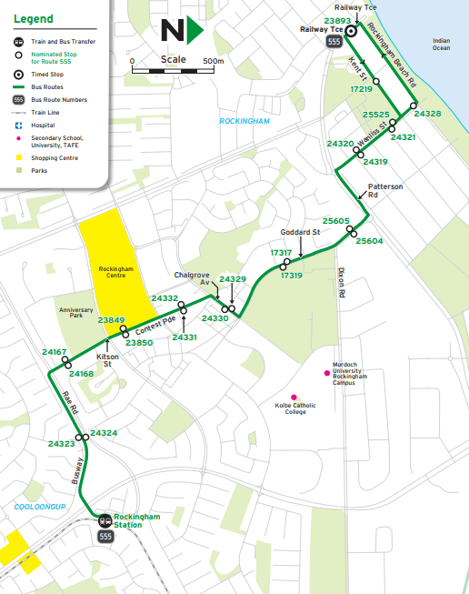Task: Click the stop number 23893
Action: [x=336, y=20]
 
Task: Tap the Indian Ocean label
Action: [x=441, y=44]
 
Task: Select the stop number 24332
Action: [x=165, y=298]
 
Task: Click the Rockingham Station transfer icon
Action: [x=105, y=521]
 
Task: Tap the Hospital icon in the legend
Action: [x=17, y=125]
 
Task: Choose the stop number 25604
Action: [x=369, y=241]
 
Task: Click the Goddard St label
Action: [x=302, y=233]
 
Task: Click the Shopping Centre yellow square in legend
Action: [x=17, y=156]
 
